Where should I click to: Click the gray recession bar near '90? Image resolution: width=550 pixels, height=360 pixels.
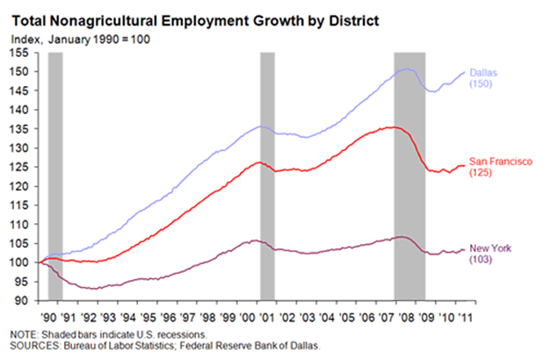click(55, 176)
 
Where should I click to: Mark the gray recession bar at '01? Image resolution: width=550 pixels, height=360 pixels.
click(267, 176)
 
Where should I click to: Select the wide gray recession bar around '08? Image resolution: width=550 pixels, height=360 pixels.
click(409, 176)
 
